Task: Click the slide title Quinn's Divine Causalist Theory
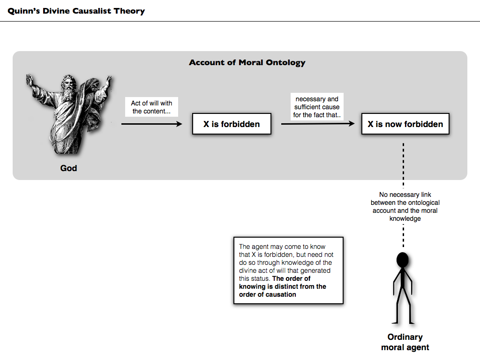[x=76, y=11]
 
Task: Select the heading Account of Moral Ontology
[x=247, y=62]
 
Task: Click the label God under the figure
[x=68, y=168]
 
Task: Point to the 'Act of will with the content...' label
[x=151, y=107]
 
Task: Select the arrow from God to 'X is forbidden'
[x=151, y=124]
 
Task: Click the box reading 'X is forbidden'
[x=232, y=124]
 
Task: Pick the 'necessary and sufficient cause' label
[x=316, y=107]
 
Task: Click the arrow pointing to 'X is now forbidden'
[x=318, y=124]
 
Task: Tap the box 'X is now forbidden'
[x=405, y=124]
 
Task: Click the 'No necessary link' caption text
[x=405, y=206]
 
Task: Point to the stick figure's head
[x=403, y=260]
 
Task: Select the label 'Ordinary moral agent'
[x=405, y=342]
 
